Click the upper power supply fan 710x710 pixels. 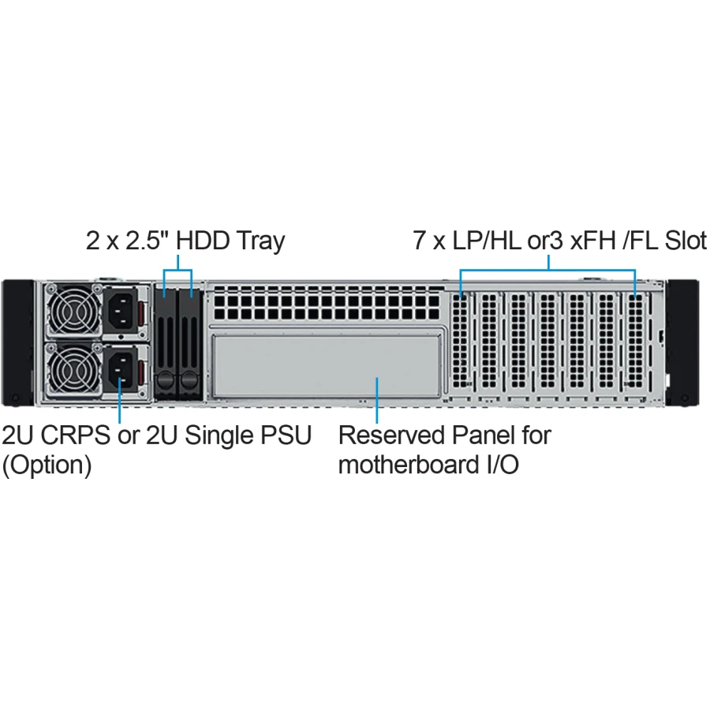pyautogui.click(x=74, y=311)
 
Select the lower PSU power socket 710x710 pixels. pyautogui.click(x=121, y=368)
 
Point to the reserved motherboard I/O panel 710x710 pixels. pyautogui.click(x=327, y=366)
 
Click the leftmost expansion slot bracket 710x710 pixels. pyautogui.click(x=461, y=341)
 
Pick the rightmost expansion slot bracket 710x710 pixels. pyautogui.click(x=636, y=341)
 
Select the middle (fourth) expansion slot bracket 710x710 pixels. pyautogui.click(x=547, y=341)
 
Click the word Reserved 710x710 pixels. pyautogui.click(x=391, y=435)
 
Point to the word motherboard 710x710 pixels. pyautogui.click(x=409, y=465)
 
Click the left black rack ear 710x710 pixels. pyautogui.click(x=17, y=343)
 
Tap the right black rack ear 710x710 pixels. pyautogui.click(x=683, y=343)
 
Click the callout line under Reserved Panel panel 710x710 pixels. pyautogui.click(x=377, y=400)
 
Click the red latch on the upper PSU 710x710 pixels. pyautogui.click(x=142, y=312)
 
